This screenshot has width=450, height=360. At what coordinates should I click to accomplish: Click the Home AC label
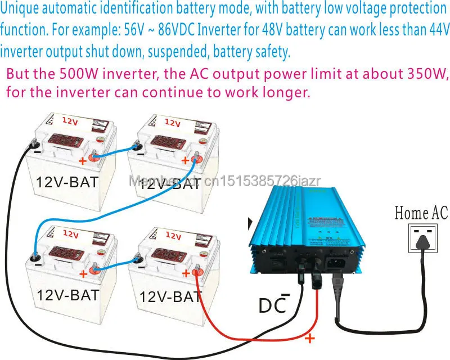(421, 213)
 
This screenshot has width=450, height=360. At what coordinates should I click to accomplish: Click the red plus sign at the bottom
(309, 338)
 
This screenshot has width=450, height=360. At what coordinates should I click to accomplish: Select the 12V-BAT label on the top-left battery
(67, 182)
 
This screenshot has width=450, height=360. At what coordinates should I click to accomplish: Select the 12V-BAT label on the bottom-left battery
(68, 294)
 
